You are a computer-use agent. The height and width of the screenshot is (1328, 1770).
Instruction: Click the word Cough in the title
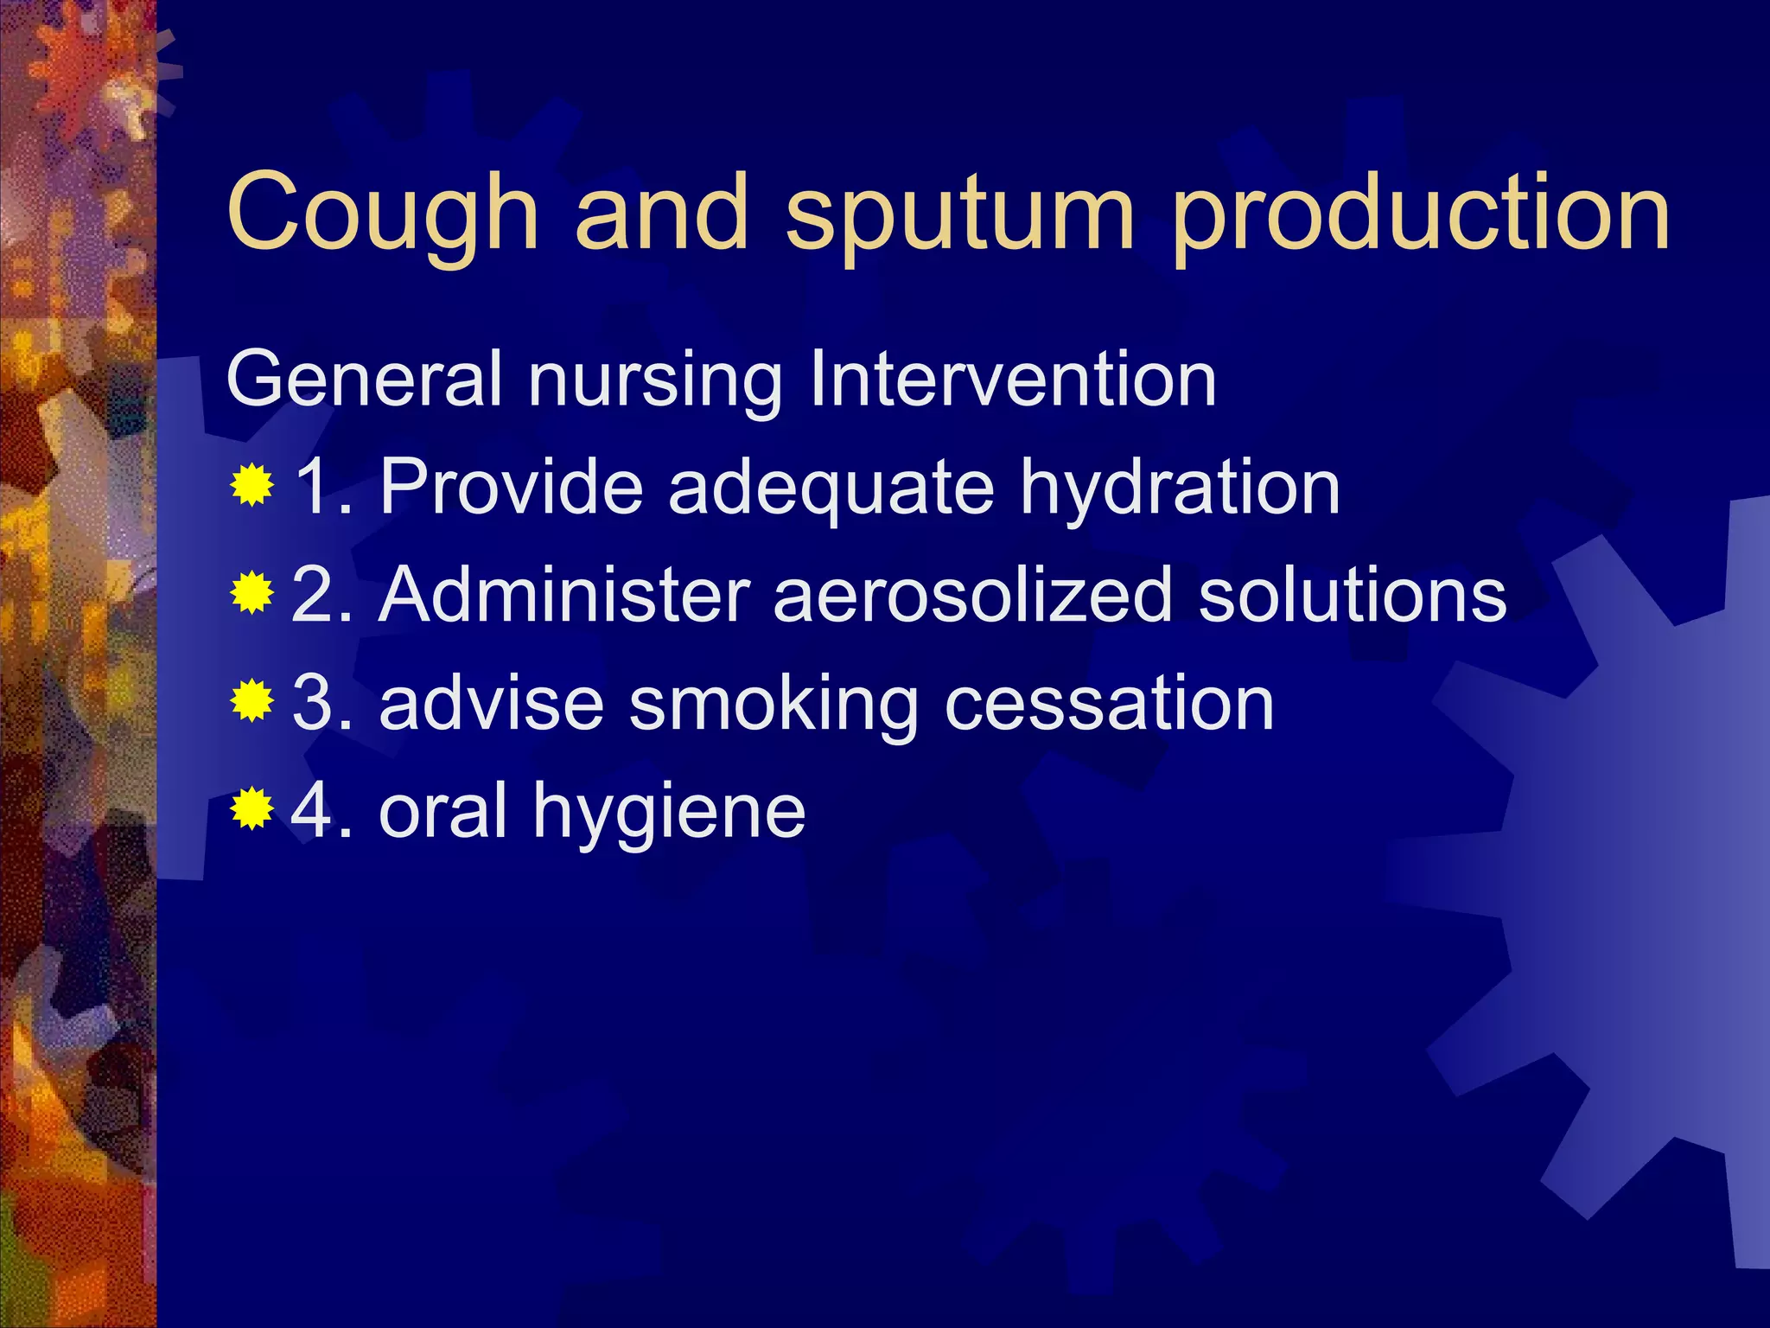click(382, 212)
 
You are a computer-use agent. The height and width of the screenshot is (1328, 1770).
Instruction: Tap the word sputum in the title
click(958, 216)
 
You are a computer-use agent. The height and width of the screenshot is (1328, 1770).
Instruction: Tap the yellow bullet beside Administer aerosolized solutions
click(252, 594)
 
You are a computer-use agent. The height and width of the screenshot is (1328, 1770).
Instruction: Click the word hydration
click(1180, 488)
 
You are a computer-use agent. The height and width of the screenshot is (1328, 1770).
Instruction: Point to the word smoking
click(774, 705)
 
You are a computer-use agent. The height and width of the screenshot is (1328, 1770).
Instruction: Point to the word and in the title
click(661, 212)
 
